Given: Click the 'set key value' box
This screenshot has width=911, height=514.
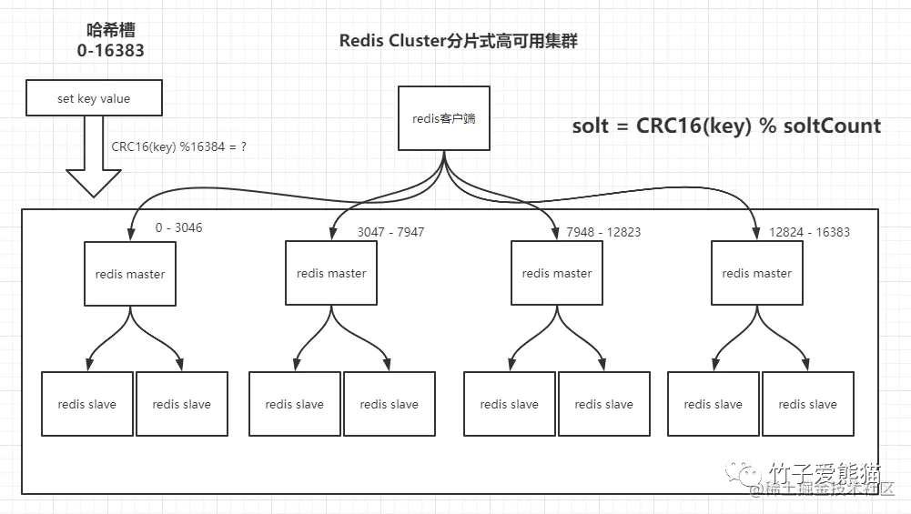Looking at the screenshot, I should pyautogui.click(x=94, y=98).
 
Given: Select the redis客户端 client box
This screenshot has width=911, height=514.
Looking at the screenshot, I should pyautogui.click(x=444, y=118).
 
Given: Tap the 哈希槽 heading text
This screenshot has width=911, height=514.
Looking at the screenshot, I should pyautogui.click(x=110, y=29).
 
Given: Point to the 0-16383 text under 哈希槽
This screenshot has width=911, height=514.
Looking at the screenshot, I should pyautogui.click(x=110, y=51).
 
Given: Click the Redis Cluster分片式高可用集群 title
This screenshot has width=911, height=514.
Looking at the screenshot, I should pyautogui.click(x=458, y=41).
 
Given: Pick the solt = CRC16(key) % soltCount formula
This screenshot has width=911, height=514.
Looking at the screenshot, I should pyautogui.click(x=726, y=126).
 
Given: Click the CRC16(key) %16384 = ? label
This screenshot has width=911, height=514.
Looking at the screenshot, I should pyautogui.click(x=178, y=146).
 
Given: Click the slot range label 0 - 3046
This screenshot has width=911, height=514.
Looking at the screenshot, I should pyautogui.click(x=178, y=227).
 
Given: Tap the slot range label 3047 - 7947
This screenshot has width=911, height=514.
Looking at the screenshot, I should pyautogui.click(x=390, y=232).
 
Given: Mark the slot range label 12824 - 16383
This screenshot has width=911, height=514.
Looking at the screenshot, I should pyautogui.click(x=808, y=232).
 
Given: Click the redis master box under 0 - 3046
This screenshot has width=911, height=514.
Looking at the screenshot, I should pyautogui.click(x=130, y=274).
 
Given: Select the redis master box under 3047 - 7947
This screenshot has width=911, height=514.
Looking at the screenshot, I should pyautogui.click(x=331, y=273).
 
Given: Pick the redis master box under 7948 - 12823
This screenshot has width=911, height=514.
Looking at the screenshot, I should pyautogui.click(x=557, y=273).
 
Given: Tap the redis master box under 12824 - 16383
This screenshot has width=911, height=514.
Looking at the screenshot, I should pyautogui.click(x=757, y=273).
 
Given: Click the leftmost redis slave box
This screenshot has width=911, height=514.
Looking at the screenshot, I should pyautogui.click(x=87, y=404).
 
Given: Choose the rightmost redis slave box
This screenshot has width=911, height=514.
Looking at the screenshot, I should pyautogui.click(x=808, y=404).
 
